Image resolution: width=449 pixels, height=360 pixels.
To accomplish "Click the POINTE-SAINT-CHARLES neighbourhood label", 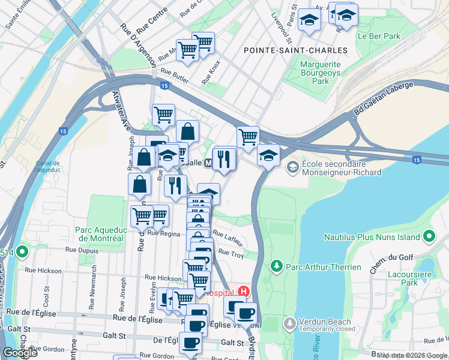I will point(295,50).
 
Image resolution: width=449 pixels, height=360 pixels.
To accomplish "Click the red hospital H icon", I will point(243,292).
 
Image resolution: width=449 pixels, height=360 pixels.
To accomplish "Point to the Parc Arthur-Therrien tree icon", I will point(276,265).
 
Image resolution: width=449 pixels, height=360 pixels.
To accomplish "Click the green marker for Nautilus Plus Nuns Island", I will point(429,236).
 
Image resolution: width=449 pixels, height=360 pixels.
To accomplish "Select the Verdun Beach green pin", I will point(289,323).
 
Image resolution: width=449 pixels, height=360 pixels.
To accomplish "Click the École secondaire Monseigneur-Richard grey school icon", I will point(292,167).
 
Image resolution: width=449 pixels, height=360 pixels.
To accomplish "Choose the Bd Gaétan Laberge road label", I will point(384,98).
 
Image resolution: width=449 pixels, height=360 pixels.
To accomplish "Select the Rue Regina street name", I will point(163,233).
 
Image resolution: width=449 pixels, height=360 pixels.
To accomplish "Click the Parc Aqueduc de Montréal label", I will point(99,233).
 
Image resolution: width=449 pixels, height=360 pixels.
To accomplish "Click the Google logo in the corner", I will point(20,353).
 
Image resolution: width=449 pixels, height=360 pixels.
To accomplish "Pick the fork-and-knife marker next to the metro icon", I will point(224,158).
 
